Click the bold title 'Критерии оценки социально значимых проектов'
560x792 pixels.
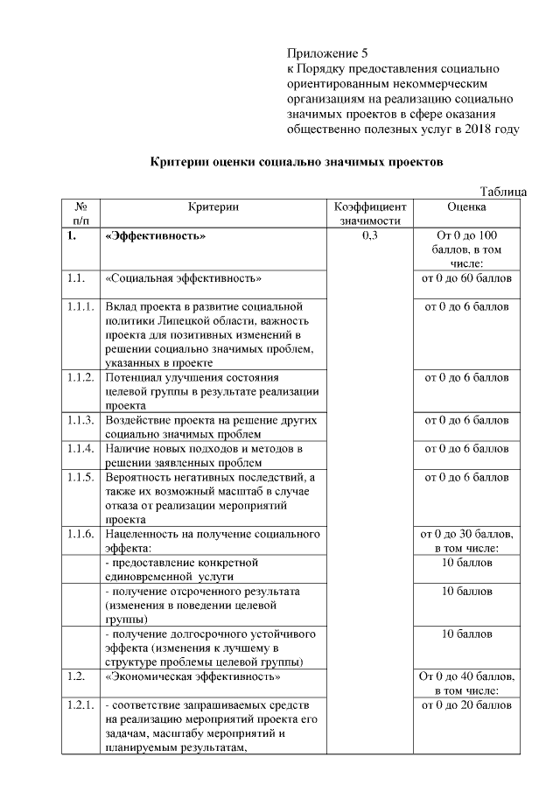point(297,163)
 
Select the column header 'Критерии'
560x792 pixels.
point(213,207)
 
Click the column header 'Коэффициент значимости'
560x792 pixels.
point(369,214)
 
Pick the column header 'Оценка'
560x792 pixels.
point(466,207)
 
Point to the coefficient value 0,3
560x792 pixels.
point(369,236)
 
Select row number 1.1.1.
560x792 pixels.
point(80,307)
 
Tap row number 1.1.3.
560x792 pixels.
point(80,420)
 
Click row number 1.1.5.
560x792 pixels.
point(80,478)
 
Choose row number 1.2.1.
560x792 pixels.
point(80,705)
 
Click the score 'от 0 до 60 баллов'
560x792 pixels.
point(466,278)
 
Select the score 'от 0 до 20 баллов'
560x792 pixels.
point(466,705)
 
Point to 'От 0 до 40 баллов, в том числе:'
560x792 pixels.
point(466,683)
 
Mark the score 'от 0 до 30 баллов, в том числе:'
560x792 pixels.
point(466,541)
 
